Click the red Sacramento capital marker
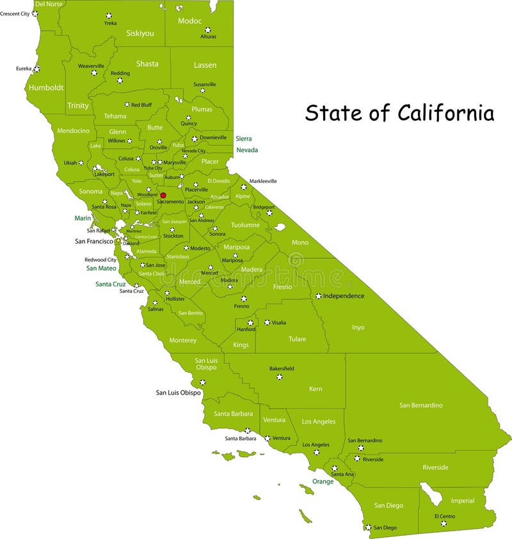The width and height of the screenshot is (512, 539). (x=163, y=195)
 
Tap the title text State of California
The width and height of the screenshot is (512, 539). (x=399, y=113)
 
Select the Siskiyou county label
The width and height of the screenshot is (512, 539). (x=140, y=33)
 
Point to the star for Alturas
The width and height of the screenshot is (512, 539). (x=207, y=29)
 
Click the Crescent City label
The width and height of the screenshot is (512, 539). (x=15, y=13)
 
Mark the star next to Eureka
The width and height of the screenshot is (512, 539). (x=36, y=68)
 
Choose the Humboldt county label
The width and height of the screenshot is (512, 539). (x=46, y=88)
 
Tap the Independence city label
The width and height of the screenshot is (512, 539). (x=344, y=296)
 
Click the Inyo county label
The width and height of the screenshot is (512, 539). (x=358, y=327)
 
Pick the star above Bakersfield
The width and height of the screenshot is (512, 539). (x=279, y=377)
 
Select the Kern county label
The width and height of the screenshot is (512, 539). (x=316, y=389)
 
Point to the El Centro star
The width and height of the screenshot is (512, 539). (x=444, y=524)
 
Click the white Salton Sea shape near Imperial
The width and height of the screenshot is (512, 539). (x=429, y=493)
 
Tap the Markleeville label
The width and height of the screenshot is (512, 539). (x=263, y=181)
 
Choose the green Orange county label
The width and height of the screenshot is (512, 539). (x=323, y=481)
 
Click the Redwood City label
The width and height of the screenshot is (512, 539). (x=100, y=260)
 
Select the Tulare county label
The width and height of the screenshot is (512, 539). (x=297, y=339)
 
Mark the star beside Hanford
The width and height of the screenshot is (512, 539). (x=251, y=322)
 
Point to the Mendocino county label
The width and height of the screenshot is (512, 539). (x=74, y=130)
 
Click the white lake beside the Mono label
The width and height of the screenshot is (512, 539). (x=280, y=227)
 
